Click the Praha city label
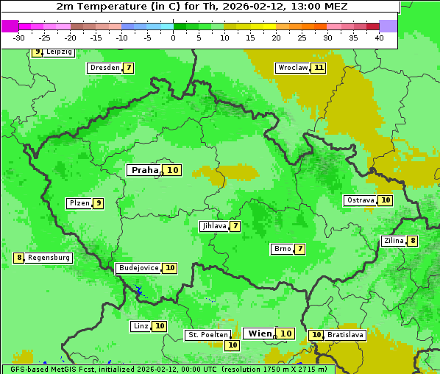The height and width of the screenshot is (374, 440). [x=144, y=170]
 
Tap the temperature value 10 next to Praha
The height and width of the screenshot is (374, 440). [x=173, y=170]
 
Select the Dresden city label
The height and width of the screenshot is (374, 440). [x=104, y=68]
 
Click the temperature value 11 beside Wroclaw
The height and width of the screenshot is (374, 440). [x=318, y=68]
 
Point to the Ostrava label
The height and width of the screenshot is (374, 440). [x=360, y=200]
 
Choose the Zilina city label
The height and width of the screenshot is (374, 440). [x=393, y=241]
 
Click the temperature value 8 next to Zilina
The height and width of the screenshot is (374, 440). [x=413, y=241]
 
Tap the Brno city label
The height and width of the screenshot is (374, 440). [x=282, y=249]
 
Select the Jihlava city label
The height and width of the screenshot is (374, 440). [x=213, y=226]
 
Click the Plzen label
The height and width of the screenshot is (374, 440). [x=79, y=203]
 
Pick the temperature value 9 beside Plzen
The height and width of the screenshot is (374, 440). [x=98, y=203]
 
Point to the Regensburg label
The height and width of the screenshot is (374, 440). [x=49, y=258]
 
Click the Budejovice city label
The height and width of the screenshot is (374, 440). [x=138, y=268]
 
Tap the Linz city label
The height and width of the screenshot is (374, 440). [x=141, y=326]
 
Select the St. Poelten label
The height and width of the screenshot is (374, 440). [x=207, y=335]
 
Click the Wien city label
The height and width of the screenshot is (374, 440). [x=260, y=334]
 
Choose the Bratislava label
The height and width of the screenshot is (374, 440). [x=346, y=335]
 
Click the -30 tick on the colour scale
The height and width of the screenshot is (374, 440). [x=19, y=38]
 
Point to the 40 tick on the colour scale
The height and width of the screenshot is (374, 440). [x=379, y=38]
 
